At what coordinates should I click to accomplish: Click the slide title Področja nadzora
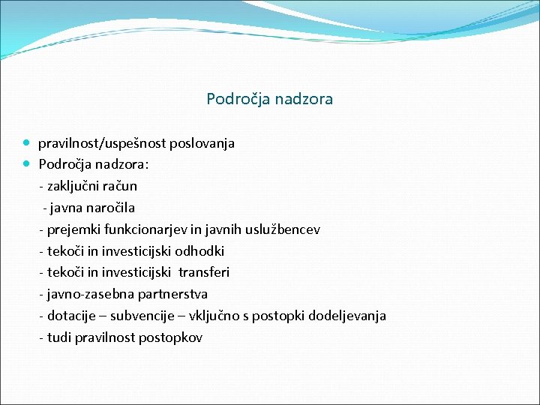point(269,98)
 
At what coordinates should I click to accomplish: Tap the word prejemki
point(73,229)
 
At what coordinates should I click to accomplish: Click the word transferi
point(204,272)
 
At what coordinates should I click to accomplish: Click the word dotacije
point(71,316)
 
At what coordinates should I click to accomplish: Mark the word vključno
point(221,316)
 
